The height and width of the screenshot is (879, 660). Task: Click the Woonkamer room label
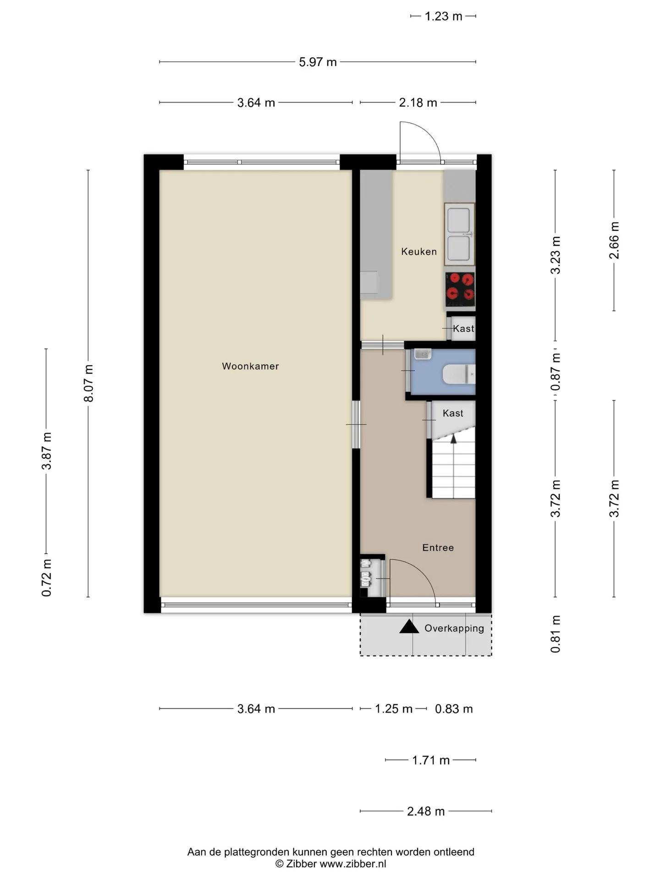click(x=250, y=366)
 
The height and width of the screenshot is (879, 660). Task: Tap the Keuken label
click(x=419, y=251)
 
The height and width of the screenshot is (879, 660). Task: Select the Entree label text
click(x=438, y=548)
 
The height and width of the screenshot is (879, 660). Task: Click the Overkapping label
click(x=454, y=628)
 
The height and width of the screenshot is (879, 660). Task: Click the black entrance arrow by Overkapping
click(x=409, y=626)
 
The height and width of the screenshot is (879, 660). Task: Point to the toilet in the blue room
click(x=459, y=374)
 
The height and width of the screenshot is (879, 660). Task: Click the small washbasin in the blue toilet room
click(x=423, y=354)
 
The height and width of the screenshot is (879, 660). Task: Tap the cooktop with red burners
click(x=460, y=289)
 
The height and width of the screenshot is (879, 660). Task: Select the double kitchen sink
click(x=459, y=234)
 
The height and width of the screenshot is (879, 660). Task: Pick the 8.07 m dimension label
click(x=89, y=384)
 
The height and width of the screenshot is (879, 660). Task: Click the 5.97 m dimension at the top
click(x=318, y=62)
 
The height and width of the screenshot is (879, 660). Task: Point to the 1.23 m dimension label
click(x=443, y=16)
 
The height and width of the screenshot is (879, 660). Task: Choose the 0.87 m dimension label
click(x=555, y=372)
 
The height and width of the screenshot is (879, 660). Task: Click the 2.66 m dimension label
click(x=614, y=240)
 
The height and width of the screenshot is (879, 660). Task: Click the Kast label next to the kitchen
click(x=463, y=328)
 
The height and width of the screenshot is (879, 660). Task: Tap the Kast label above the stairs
click(x=453, y=413)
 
